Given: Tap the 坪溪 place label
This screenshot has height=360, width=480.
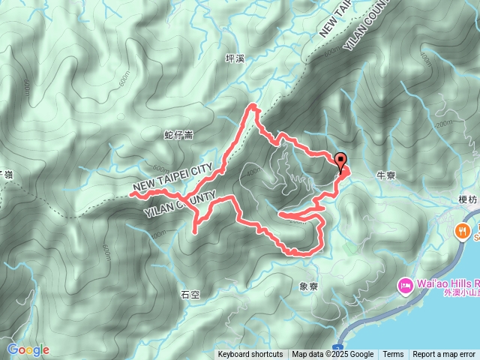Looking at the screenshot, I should pyautogui.click(x=235, y=58).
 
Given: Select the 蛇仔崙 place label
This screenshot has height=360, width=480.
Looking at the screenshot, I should pyautogui.click(x=178, y=135).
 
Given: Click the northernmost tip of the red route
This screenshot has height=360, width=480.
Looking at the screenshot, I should pyautogui.click(x=253, y=106).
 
